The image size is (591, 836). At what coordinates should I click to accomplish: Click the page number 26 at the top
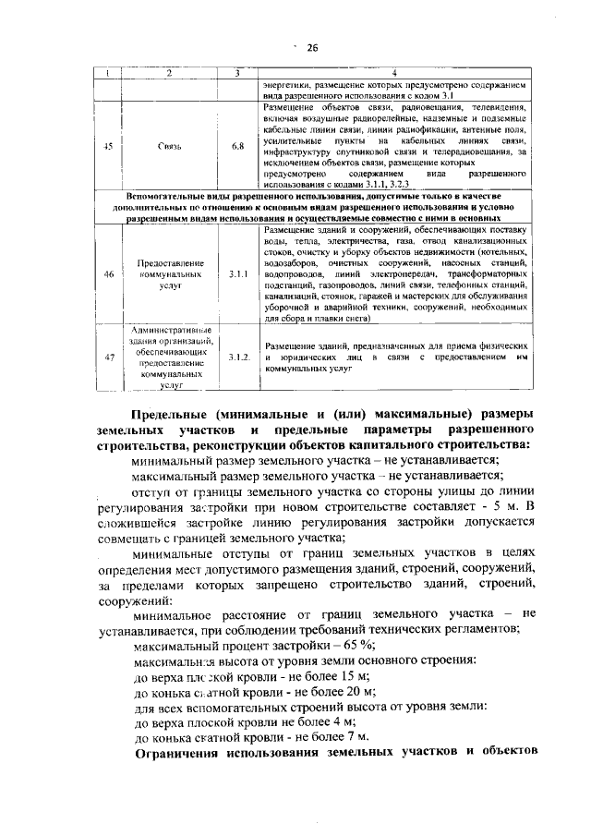311,49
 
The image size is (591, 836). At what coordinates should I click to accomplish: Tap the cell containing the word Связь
169,145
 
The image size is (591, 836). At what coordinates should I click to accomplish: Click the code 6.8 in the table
236,145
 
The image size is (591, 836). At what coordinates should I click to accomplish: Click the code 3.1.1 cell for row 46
236,274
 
